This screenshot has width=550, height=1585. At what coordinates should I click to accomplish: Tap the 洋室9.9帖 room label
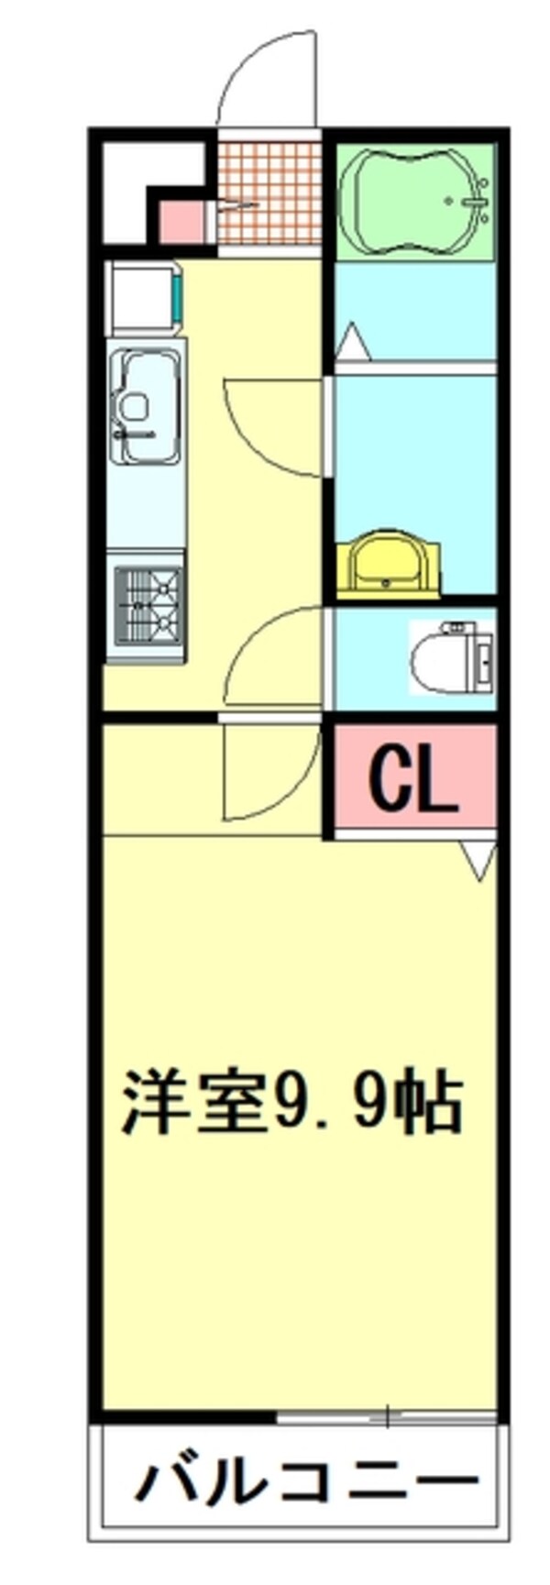tap(291, 1101)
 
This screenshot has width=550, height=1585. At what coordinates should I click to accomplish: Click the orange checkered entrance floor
tap(270, 191)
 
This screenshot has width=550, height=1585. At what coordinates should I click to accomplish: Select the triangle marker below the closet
tap(478, 861)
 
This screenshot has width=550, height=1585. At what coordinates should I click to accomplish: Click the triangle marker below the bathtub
tap(352, 345)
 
